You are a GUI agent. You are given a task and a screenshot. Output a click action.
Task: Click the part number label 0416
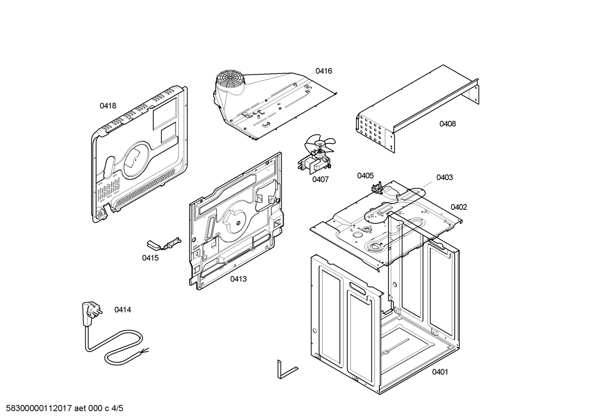tap(323, 71)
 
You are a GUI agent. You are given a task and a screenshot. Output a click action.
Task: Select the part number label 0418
tap(108, 106)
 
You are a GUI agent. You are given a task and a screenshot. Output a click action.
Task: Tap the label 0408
tap(448, 124)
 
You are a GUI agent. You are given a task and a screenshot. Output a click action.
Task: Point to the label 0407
tap(320, 180)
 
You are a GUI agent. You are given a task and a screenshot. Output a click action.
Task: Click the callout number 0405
tap(365, 176)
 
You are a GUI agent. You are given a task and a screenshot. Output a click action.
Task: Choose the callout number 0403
tap(444, 178)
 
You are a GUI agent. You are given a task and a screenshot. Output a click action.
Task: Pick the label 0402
tap(459, 207)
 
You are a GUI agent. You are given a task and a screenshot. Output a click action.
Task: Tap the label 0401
tap(440, 372)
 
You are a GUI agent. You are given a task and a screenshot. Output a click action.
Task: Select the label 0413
tap(238, 279)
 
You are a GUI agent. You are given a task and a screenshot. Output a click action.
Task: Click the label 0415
tap(150, 258)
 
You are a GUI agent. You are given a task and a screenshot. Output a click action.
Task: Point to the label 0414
tap(122, 310)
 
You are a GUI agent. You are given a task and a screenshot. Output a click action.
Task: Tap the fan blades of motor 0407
tap(320, 145)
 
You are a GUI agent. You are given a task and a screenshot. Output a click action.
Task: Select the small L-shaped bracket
tap(288, 369)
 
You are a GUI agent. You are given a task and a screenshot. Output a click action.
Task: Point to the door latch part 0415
tap(164, 244)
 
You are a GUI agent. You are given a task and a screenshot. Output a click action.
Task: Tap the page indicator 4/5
tap(117, 408)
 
